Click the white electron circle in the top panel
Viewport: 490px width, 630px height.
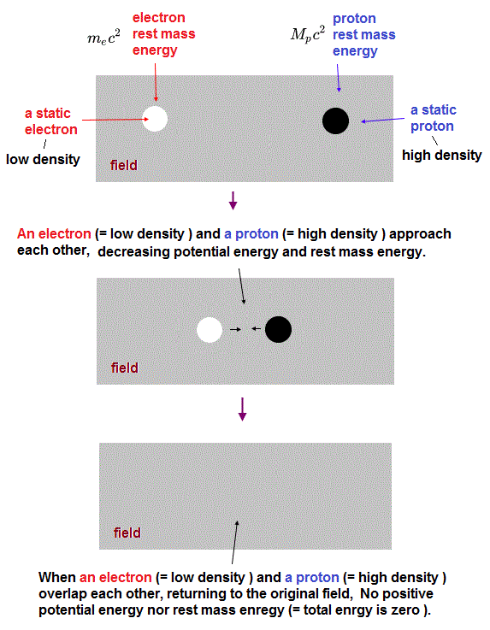pos(155,119)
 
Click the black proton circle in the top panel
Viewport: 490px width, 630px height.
pos(335,121)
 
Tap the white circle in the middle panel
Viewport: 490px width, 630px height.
pos(210,330)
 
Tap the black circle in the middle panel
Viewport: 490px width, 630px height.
pos(279,329)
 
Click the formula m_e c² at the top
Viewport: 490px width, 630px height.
pos(103,38)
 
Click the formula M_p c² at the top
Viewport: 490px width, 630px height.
pos(308,34)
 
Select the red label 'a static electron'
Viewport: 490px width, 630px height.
pos(51,121)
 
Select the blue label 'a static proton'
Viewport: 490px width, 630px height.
pos(434,118)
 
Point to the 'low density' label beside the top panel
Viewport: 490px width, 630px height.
pos(43,160)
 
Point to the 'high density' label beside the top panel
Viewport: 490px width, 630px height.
pos(442,155)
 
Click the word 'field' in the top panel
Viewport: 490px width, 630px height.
pos(124,165)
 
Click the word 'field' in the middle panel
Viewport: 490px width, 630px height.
pos(125,368)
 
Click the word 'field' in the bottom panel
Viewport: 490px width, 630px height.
pos(127,533)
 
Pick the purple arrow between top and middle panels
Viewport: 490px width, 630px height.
pos(233,201)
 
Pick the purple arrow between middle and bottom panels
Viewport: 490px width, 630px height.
pos(242,409)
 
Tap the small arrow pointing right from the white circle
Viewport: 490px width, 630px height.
pos(235,329)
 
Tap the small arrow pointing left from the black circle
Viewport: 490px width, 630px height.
pos(256,328)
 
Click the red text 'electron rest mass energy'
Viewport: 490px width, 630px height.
pos(163,34)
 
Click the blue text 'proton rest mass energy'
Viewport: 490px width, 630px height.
pos(363,35)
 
